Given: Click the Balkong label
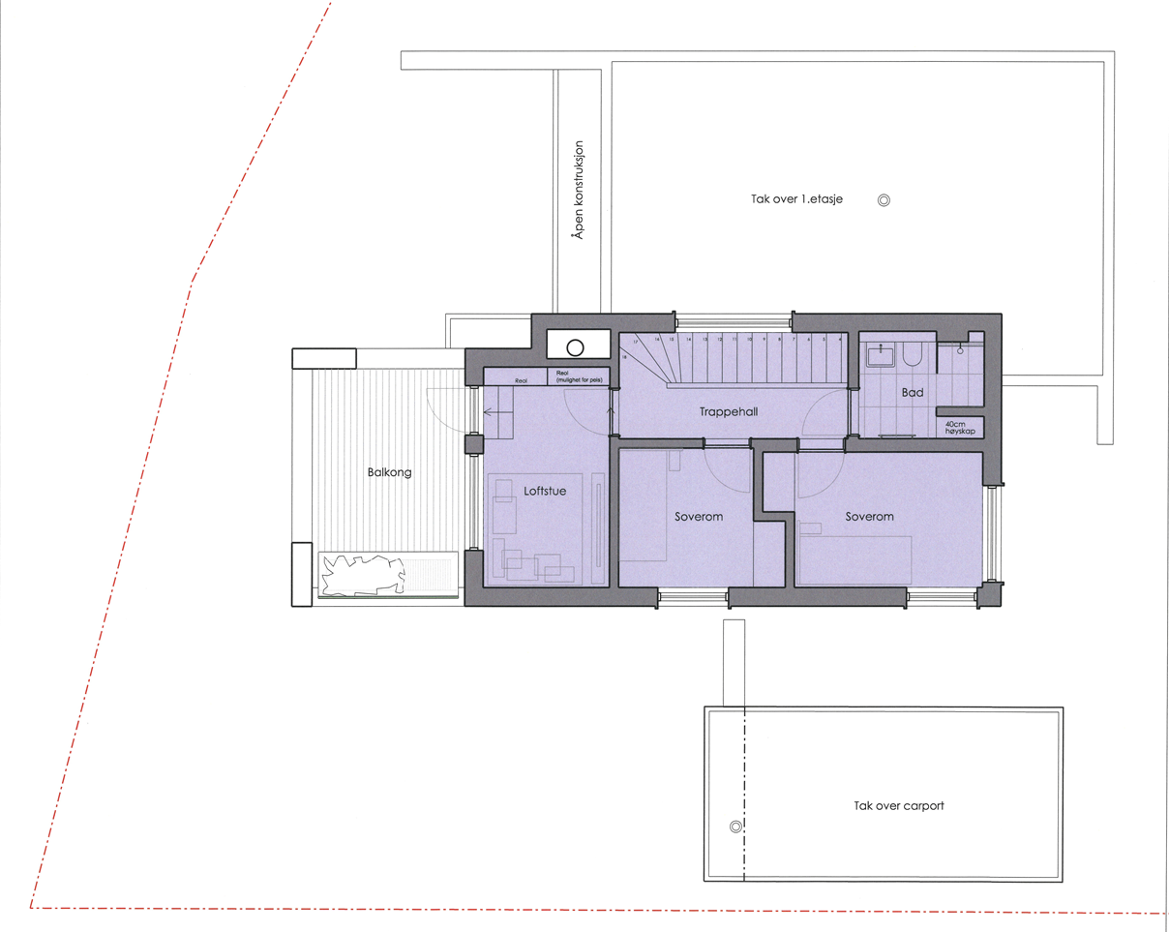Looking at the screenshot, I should tap(389, 473).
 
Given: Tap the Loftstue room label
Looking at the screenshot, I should tap(545, 491).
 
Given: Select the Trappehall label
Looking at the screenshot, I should tap(728, 411).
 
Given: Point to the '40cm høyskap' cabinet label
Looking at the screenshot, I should tap(959, 427).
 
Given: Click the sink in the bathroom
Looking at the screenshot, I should tap(881, 355).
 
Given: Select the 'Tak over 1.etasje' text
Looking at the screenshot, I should tap(797, 200).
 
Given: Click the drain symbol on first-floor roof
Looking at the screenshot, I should tap(883, 201).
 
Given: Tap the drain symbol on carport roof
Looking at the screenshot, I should tap(734, 827).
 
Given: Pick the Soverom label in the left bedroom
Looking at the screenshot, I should tap(699, 517).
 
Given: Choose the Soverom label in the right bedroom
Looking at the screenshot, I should tap(869, 517).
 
